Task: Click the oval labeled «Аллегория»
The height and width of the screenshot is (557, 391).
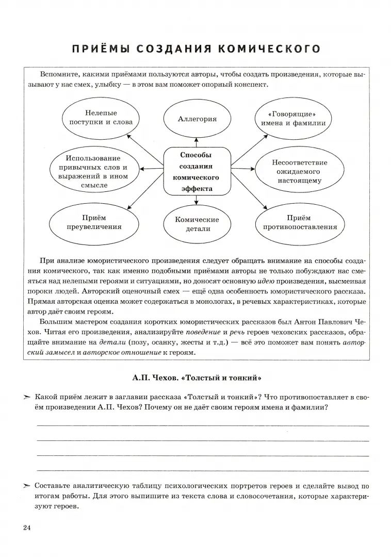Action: point(197,119)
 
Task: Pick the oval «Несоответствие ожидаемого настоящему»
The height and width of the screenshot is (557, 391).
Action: point(299,171)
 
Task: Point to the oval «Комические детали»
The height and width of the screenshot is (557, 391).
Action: point(197,223)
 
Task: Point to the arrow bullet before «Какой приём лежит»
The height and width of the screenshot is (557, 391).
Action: point(27,397)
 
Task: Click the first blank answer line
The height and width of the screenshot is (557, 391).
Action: point(203,425)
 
